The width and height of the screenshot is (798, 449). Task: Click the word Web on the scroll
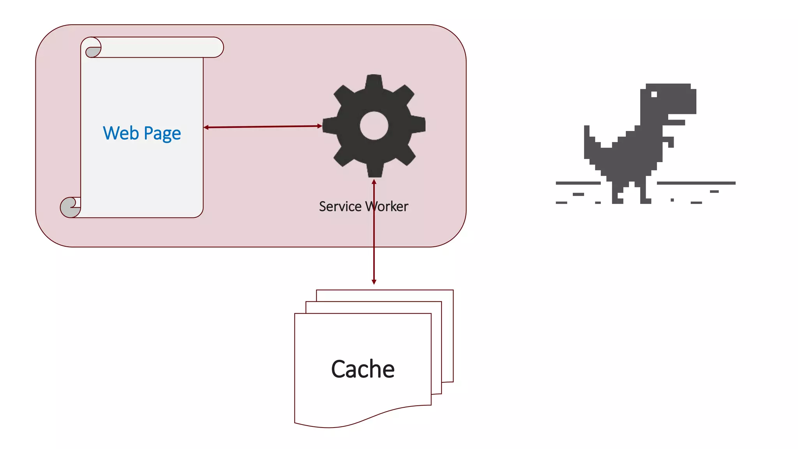point(121,133)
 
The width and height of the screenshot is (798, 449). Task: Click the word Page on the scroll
point(162,134)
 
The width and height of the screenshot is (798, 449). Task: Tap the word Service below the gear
point(340,207)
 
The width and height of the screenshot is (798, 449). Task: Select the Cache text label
point(362,369)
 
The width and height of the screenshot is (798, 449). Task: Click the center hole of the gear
point(374,126)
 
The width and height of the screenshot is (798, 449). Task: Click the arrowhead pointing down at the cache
point(374,282)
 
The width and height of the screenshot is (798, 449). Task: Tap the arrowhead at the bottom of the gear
point(374,182)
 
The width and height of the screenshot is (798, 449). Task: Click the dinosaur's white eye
point(654,94)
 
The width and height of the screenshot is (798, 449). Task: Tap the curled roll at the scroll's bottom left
point(70,207)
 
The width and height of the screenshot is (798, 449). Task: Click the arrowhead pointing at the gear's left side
point(320,126)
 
